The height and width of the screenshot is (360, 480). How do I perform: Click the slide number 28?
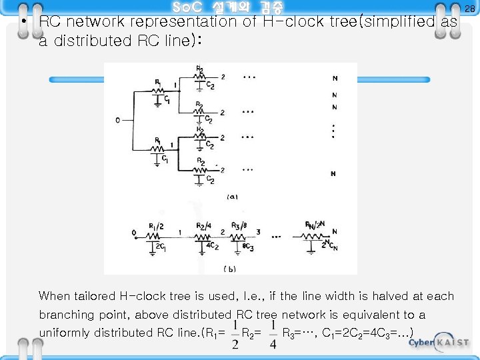point(469,9)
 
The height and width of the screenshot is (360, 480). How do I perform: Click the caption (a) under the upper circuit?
point(232,197)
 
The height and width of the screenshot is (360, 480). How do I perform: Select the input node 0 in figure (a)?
point(117,121)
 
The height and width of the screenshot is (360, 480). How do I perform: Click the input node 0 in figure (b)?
point(135,233)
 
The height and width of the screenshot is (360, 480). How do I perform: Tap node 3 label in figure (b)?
point(258,233)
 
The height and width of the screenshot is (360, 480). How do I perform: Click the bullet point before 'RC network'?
point(25,22)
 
